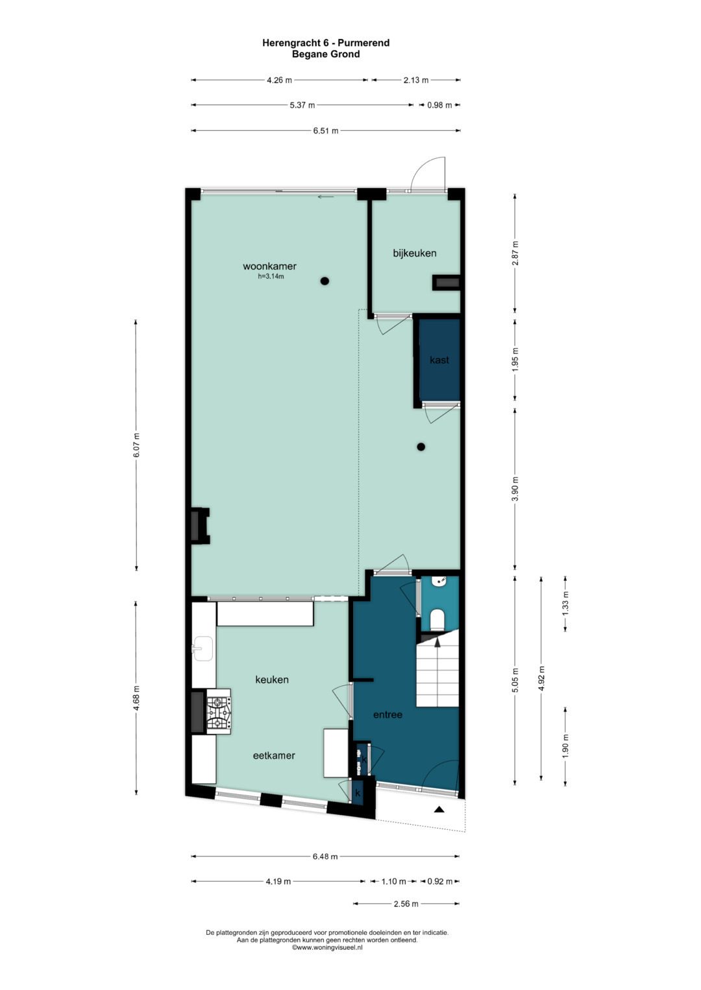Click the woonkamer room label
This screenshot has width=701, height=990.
(269, 266)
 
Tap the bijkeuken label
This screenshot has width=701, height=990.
(414, 253)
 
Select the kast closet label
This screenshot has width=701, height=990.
(439, 360)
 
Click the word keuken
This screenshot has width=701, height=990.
(271, 679)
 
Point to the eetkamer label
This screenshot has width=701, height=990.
(274, 755)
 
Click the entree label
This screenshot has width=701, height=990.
(387, 714)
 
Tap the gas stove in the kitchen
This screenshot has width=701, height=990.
(219, 712)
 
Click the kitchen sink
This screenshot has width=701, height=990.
(203, 648)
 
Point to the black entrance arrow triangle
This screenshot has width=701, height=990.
(439, 809)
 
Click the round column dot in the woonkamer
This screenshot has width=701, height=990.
(325, 281)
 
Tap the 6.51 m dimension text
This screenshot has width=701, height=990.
(325, 130)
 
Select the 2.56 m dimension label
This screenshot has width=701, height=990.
(406, 904)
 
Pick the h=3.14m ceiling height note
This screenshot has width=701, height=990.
(271, 276)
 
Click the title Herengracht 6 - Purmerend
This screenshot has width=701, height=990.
(325, 43)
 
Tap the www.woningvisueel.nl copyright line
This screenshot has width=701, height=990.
(327, 947)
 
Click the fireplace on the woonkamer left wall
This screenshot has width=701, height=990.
(199, 525)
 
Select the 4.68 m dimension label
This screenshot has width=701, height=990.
(136, 698)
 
